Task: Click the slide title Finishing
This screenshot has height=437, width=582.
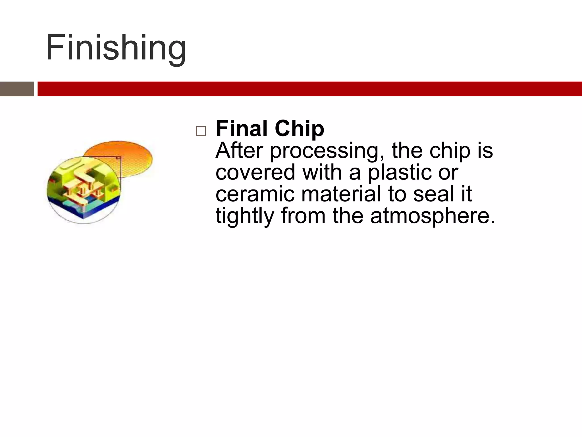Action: tap(116, 48)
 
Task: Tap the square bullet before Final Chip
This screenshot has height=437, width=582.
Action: tap(201, 131)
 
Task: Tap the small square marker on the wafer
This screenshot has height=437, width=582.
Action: tap(119, 158)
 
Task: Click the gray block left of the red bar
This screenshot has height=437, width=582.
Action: tap(17, 89)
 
